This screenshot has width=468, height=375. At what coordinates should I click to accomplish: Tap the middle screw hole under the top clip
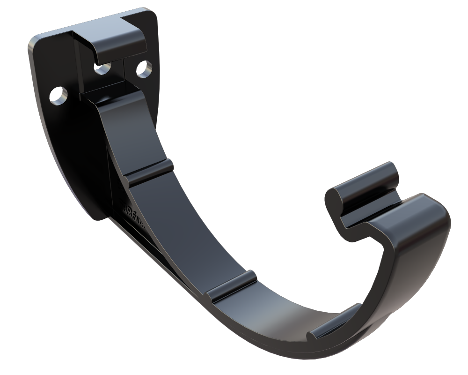(x=102, y=69)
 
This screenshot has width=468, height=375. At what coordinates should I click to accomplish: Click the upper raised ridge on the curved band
(x=149, y=172)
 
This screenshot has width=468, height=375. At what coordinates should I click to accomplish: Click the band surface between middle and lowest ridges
(x=281, y=305)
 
